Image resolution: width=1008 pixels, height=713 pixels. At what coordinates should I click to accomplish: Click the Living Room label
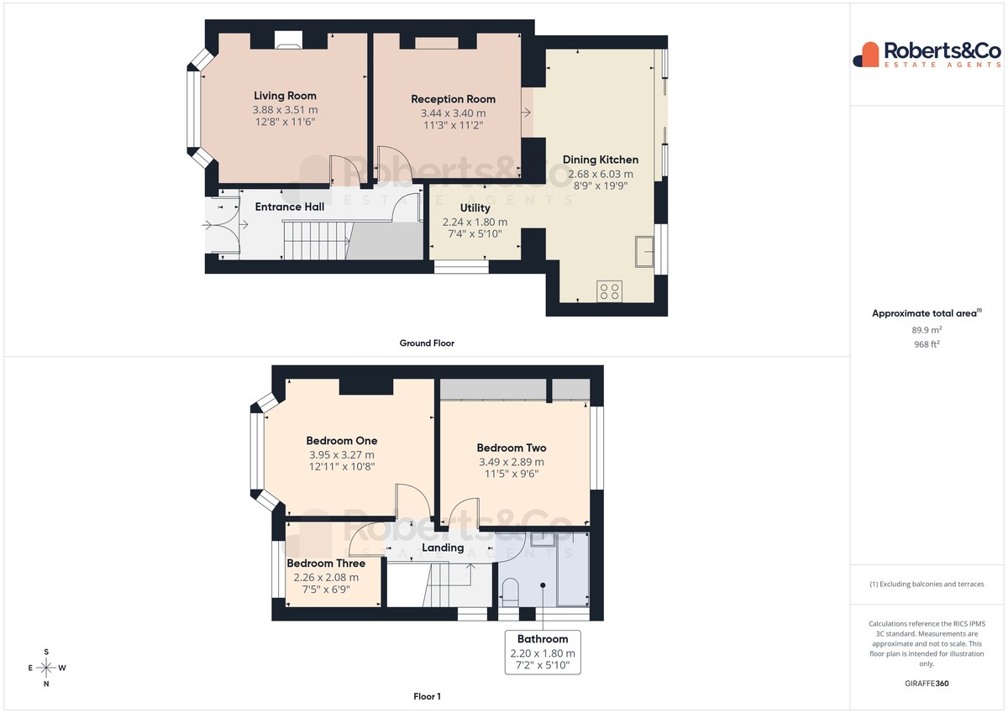point(285,96)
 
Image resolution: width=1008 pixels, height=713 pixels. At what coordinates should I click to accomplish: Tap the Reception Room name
point(453,99)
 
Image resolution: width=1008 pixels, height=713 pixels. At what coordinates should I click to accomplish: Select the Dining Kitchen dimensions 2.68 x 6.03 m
point(601,174)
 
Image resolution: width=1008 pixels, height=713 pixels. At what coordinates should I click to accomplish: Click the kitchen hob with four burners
point(609,291)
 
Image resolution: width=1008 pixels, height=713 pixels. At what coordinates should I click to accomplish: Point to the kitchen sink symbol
point(644,251)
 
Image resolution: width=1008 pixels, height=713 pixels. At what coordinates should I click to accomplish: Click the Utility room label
point(475,207)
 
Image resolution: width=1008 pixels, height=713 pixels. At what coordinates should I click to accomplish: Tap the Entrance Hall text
point(289,207)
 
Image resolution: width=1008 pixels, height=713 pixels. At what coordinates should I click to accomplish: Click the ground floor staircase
point(317,239)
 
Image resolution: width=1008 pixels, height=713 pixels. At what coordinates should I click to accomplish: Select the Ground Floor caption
point(427,343)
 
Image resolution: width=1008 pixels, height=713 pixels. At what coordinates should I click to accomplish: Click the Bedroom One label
point(342,441)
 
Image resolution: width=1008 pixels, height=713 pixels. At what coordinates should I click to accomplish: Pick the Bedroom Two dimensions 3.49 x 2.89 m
point(512,462)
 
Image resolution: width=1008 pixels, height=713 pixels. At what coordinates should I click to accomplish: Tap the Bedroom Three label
point(326,564)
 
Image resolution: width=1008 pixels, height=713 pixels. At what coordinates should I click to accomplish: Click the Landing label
point(443,548)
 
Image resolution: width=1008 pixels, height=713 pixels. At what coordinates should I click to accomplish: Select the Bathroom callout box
point(543,652)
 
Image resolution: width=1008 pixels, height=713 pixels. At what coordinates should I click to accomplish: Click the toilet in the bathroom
point(511,592)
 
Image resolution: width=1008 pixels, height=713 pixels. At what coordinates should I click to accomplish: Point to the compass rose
point(46,668)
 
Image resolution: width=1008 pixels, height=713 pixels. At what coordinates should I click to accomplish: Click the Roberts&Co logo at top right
point(927,55)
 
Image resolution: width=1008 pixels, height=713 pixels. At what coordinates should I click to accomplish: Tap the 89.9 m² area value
point(927,330)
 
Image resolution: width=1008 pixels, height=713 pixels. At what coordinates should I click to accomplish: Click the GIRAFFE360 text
point(927,684)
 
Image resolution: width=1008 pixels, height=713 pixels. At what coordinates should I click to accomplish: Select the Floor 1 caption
point(427,696)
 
